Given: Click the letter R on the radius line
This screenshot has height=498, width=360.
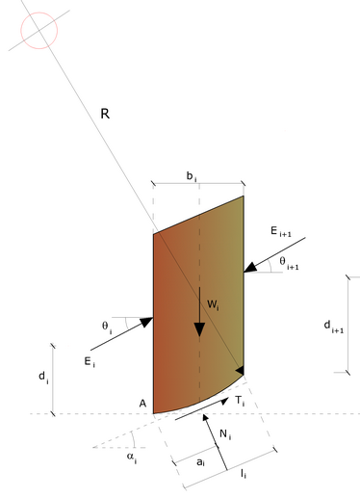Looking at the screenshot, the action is tap(105, 114).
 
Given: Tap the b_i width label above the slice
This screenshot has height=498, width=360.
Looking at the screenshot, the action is tap(192, 176).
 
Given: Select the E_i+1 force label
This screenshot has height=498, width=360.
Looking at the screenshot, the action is tap(281, 231).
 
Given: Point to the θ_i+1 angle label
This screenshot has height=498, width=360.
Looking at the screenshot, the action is tap(289, 263).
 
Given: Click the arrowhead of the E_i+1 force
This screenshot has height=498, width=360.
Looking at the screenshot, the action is tap(250, 268).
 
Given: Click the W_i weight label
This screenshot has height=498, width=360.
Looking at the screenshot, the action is tap(213, 305).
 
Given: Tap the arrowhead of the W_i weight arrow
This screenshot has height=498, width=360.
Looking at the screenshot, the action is tap(199, 329).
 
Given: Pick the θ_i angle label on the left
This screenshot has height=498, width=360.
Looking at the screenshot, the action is tap(107, 327).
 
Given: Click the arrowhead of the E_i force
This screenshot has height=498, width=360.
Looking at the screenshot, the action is tap(146, 322).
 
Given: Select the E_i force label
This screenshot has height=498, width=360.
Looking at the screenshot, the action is tap(90, 362).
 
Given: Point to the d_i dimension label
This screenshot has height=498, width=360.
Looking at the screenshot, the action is tap(43, 377).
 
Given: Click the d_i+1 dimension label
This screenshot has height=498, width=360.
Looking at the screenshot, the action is tap(334, 327).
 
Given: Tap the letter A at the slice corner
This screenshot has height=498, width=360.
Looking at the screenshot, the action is tap(142, 404).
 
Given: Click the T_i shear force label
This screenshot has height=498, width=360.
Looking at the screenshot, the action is tap(240, 401).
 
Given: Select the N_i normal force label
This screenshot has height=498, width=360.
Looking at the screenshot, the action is tap(225, 435).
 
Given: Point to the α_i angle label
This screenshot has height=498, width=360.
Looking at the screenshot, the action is tap(132, 458).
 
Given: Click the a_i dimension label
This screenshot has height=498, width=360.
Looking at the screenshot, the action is tap(200, 462).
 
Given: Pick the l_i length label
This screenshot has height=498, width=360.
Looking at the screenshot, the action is tap(244, 474).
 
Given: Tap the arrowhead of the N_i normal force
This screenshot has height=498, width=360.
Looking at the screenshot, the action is tap(205, 418).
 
